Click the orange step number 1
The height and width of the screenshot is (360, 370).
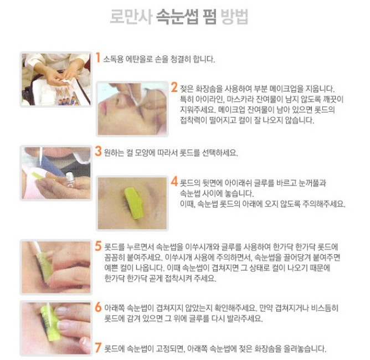coord(98,58)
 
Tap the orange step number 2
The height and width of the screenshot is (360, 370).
coord(174,88)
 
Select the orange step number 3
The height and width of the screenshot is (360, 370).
coord(98,151)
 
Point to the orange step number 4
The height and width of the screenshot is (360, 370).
coord(174,182)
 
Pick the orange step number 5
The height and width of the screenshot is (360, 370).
coord(98,245)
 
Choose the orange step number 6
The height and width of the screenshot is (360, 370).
coord(98,307)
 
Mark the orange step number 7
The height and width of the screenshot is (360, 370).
coord(98,347)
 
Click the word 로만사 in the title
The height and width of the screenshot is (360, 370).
coord(131,17)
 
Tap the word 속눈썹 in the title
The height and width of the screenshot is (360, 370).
coord(177,17)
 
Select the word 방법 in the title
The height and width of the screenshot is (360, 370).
coord(234,17)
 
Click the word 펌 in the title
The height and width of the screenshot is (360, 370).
coord(209,17)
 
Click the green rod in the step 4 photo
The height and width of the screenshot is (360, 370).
coord(134,203)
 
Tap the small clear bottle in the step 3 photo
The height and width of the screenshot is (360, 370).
coord(69,179)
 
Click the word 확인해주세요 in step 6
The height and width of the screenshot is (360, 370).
coord(235,308)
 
